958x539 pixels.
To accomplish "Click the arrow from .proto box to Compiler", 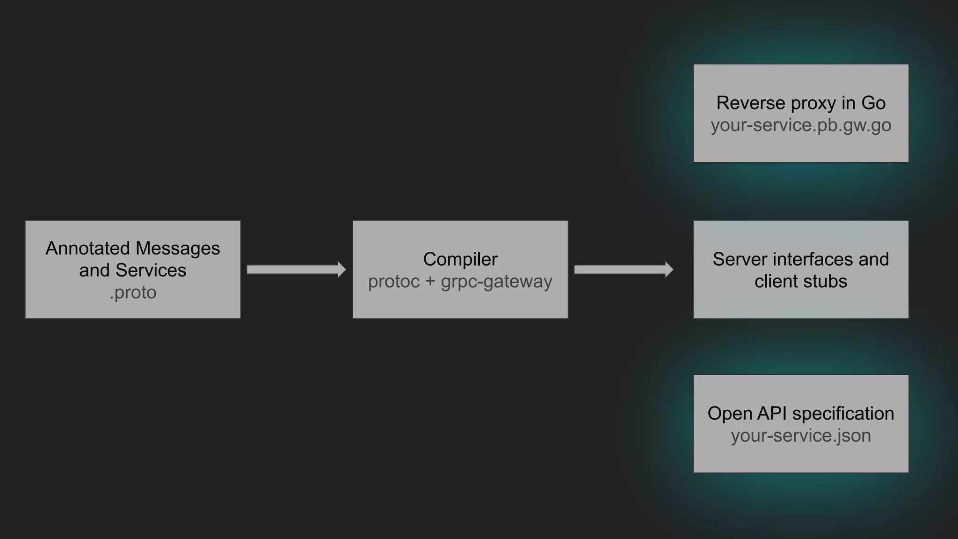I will (296, 269).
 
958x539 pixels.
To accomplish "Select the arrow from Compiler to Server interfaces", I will (624, 269).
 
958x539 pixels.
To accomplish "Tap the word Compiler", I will (460, 259).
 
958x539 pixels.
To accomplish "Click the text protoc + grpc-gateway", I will (460, 282).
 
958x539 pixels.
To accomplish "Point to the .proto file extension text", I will (133, 292).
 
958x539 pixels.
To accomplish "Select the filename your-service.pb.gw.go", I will (801, 125).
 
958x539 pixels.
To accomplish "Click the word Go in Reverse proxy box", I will (873, 103).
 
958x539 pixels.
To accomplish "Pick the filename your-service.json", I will (801, 436).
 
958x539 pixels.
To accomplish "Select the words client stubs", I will (801, 282).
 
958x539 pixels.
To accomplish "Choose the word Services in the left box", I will (151, 270).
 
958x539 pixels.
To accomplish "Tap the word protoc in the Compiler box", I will (394, 282).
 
